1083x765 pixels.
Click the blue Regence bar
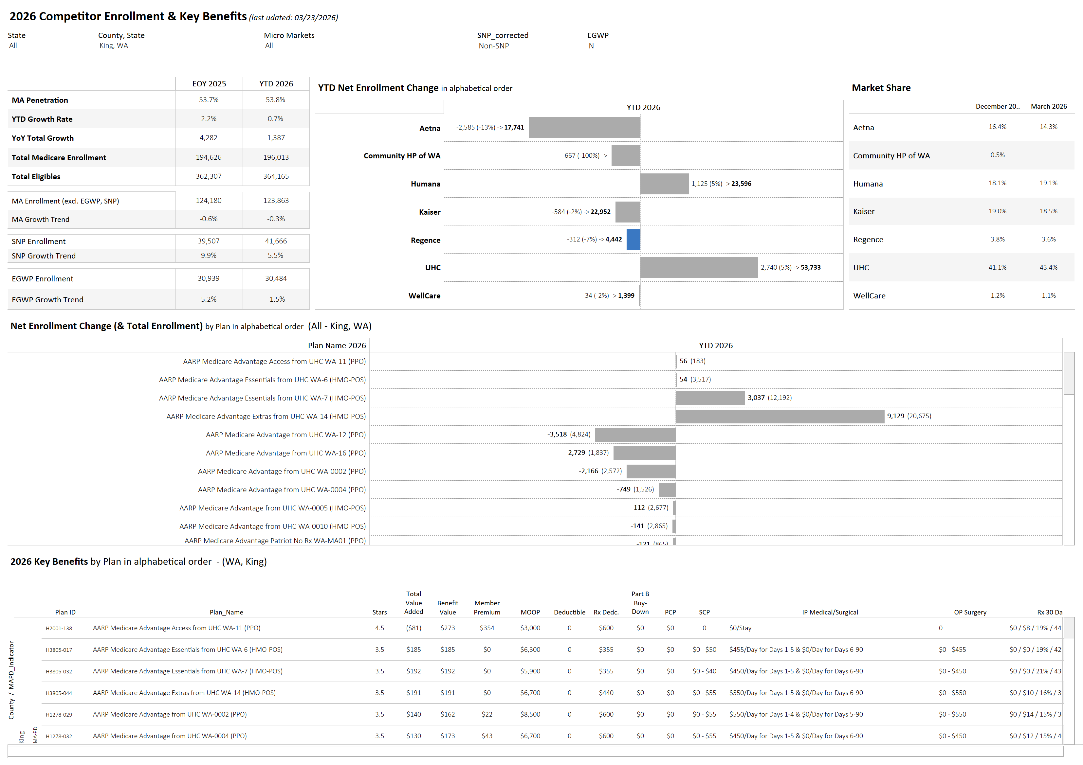click(x=633, y=240)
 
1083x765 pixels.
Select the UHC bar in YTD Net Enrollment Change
click(x=699, y=268)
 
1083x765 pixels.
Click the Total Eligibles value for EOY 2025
click(x=209, y=176)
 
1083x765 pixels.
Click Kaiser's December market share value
click(x=997, y=211)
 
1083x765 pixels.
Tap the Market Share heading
click(x=881, y=88)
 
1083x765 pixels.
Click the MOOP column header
click(x=530, y=612)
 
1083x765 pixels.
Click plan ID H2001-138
click(x=59, y=628)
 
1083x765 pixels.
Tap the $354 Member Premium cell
click(x=487, y=628)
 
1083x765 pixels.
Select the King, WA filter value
click(x=114, y=46)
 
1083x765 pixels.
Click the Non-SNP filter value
click(x=493, y=46)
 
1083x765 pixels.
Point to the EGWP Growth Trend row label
click(x=48, y=300)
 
